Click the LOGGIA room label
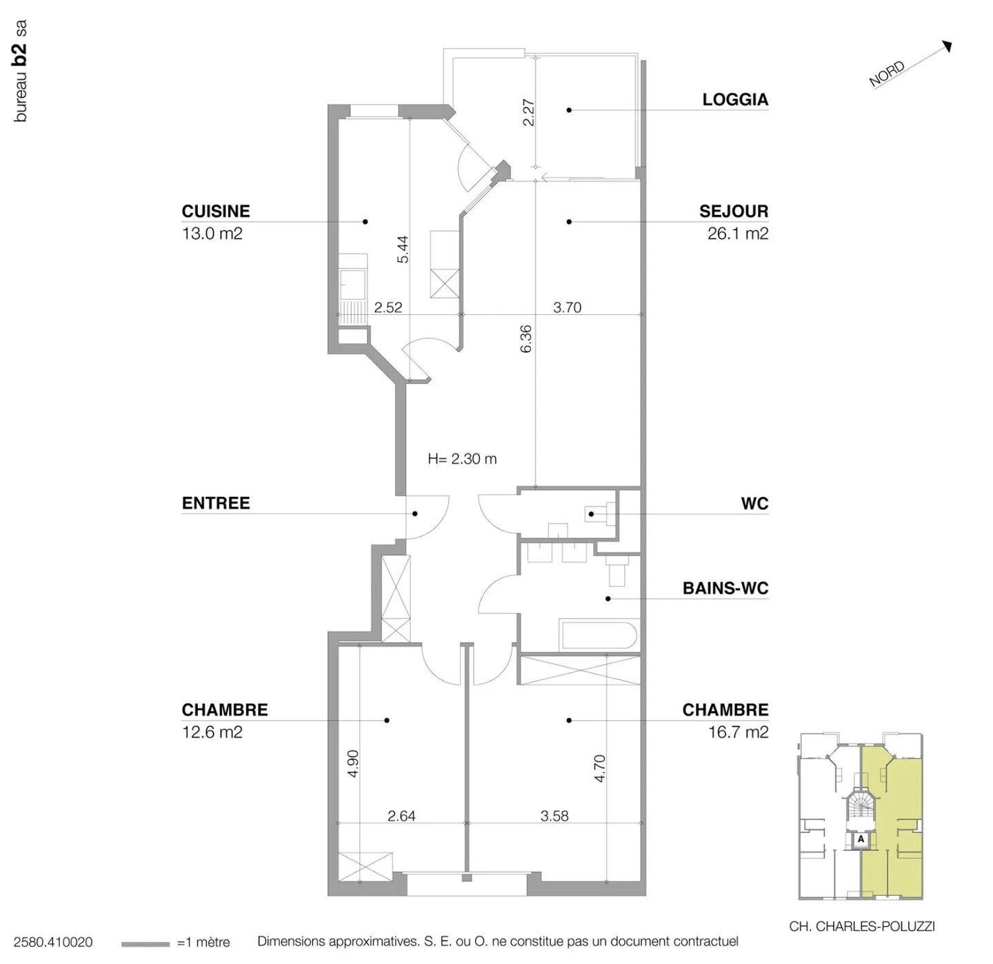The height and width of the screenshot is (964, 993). [735, 99]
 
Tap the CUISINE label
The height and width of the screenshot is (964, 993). [215, 211]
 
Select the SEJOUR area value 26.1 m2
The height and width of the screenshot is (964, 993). [737, 234]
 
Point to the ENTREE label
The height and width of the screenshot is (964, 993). [216, 503]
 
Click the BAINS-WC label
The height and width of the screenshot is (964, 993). [725, 588]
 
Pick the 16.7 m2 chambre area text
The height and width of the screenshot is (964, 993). [738, 732]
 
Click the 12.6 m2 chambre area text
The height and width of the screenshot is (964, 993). [212, 732]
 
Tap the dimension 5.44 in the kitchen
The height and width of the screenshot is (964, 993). [403, 249]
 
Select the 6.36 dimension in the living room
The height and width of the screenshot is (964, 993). [525, 339]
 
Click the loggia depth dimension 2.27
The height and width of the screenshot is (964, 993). [529, 112]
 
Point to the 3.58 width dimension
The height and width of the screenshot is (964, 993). [554, 816]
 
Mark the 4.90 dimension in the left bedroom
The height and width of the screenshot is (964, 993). [352, 763]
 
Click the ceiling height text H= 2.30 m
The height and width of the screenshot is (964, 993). [462, 459]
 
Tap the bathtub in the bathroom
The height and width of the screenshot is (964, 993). [598, 635]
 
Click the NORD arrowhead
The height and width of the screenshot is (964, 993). [947, 46]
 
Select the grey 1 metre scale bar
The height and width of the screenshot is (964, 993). [145, 944]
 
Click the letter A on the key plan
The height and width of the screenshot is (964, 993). [861, 839]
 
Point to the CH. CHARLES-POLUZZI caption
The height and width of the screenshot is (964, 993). [862, 926]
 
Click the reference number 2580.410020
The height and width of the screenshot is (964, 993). [53, 942]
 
